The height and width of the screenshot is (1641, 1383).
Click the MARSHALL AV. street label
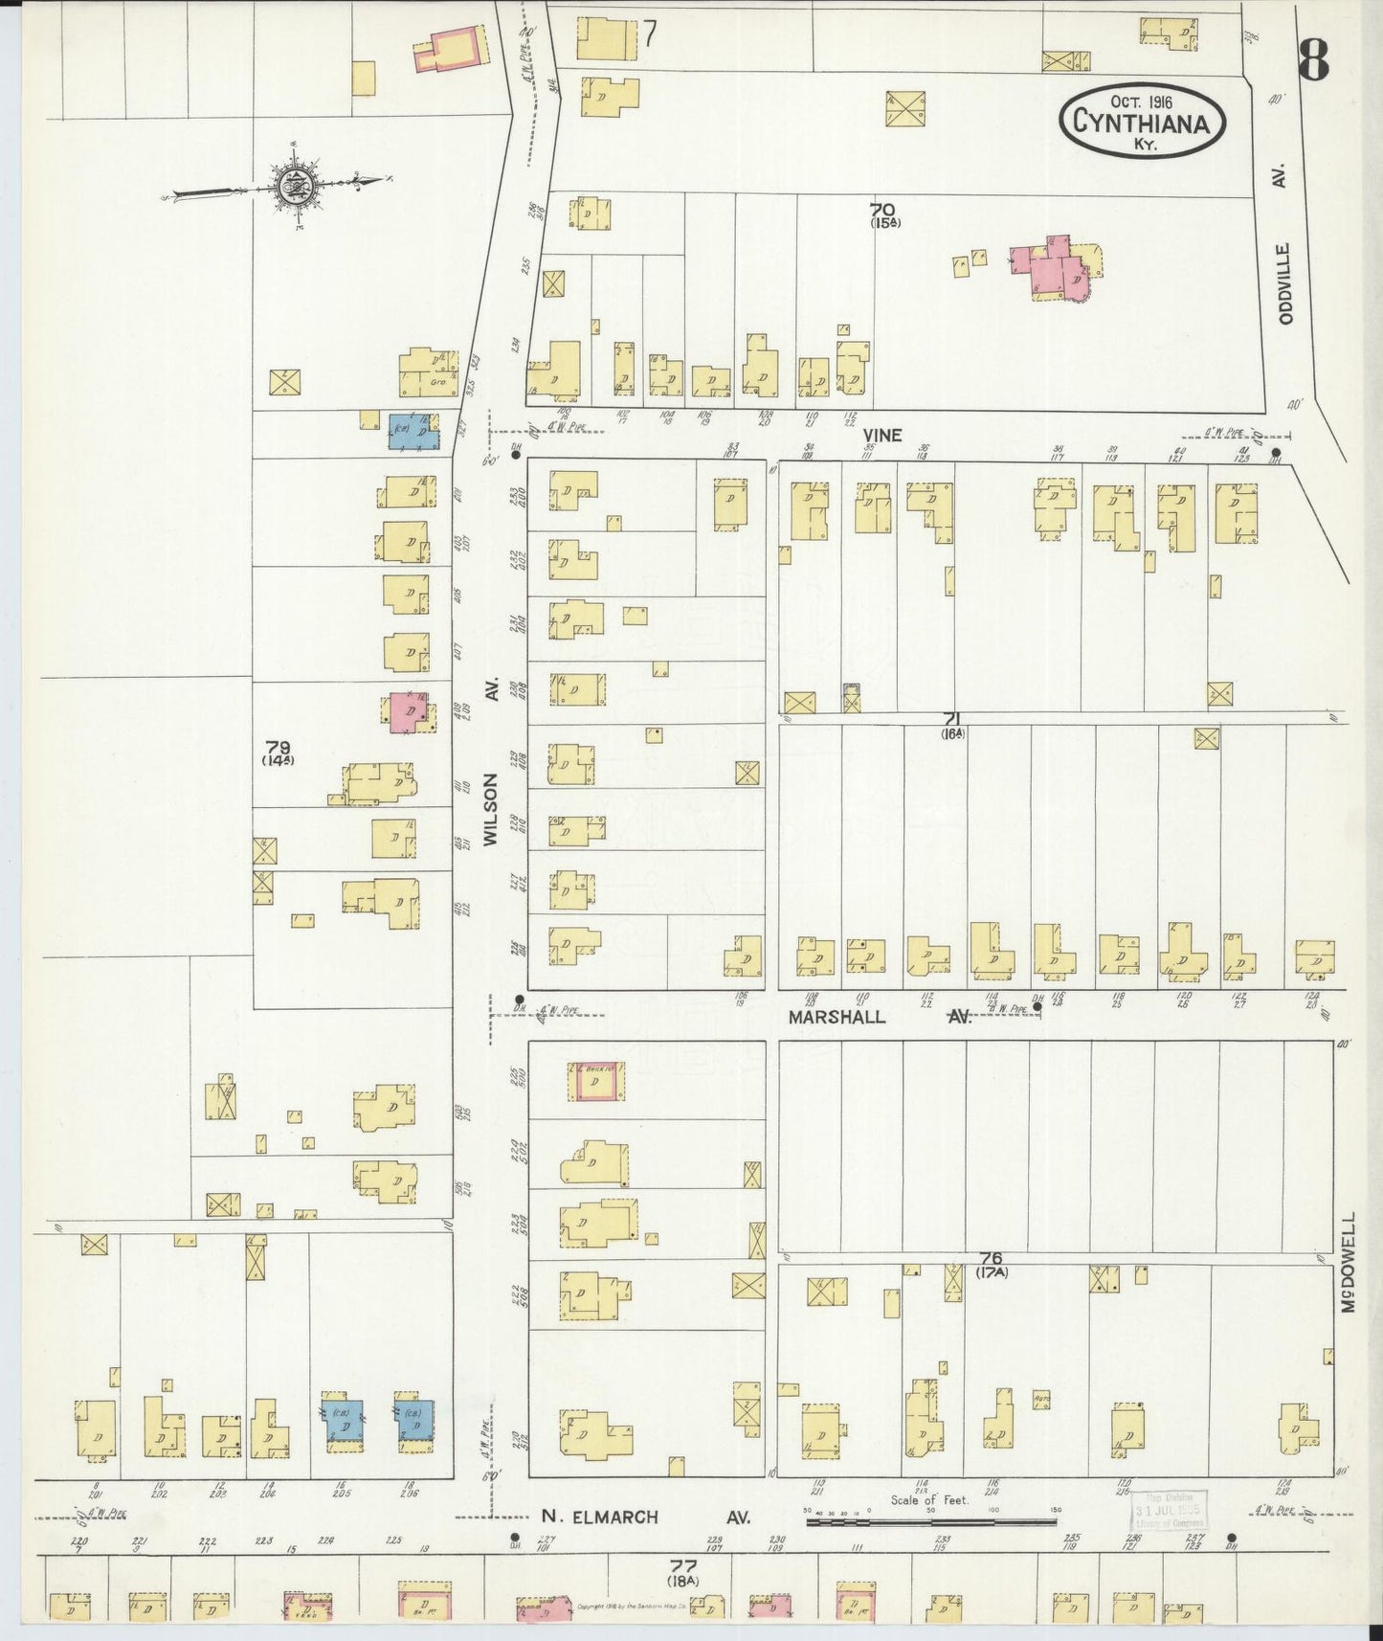click(x=879, y=1018)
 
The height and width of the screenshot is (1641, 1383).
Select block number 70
click(x=882, y=210)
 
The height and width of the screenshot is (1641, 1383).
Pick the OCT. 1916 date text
click(x=1143, y=100)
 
